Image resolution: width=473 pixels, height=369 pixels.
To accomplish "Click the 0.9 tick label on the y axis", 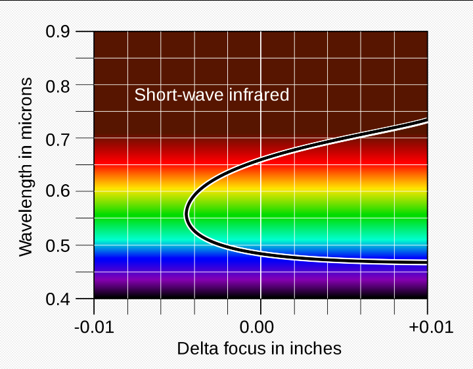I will pos(60,32).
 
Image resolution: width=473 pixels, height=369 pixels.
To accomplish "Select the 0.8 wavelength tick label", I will pos(60,85).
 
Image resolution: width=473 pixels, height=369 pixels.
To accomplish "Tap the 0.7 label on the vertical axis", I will pos(60,139).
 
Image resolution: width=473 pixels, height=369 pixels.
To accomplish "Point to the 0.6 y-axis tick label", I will pos(60,192).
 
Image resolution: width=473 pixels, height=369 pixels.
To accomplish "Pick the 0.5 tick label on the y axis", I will pos(60,245).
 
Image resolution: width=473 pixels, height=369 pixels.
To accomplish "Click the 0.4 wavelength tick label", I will pos(60,299).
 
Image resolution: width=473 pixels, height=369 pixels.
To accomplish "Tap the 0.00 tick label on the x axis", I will pos(261,327).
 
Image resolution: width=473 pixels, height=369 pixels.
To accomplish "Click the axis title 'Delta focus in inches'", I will pos(259,348).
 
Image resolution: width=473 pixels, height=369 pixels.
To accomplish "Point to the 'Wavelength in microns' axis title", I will pos(26,166).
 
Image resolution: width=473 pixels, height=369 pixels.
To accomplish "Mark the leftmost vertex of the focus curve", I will pos(187,214).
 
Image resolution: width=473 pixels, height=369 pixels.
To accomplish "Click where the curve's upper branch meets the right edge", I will pos(426,121).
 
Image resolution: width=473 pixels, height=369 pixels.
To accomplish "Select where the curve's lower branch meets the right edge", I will pos(426,262).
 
